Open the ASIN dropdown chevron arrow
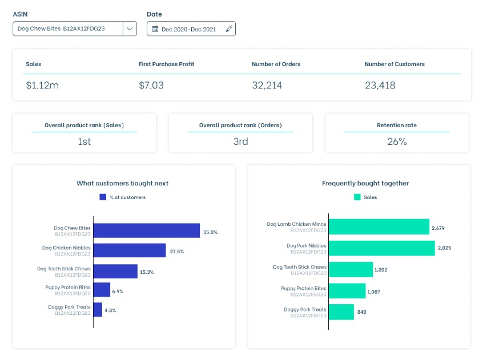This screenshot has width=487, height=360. point(130,29)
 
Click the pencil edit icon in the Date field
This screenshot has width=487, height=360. point(228,29)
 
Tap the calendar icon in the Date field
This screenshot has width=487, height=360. point(155,29)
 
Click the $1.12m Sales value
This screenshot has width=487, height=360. point(42,86)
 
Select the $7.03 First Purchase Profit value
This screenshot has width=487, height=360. point(151,86)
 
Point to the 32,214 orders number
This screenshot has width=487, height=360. point(267,86)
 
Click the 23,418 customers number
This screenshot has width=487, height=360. point(380,86)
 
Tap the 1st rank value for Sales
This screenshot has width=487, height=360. point(84,141)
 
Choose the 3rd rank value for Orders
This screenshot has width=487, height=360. point(240,141)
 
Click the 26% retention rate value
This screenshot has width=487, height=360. point(397,141)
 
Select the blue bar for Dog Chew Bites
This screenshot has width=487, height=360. point(147,230)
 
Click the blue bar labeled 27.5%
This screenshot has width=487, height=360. point(130,250)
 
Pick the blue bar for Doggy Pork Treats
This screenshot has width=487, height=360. point(98,310)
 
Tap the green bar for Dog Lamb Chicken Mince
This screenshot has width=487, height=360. point(379,226)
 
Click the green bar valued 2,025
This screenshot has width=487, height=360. point(382,248)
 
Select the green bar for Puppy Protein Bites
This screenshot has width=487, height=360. point(347,290)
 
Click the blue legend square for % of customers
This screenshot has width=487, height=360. point(103,197)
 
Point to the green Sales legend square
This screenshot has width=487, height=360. point(357,197)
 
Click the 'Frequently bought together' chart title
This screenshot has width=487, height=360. point(365,183)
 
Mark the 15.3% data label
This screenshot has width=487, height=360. point(147,272)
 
